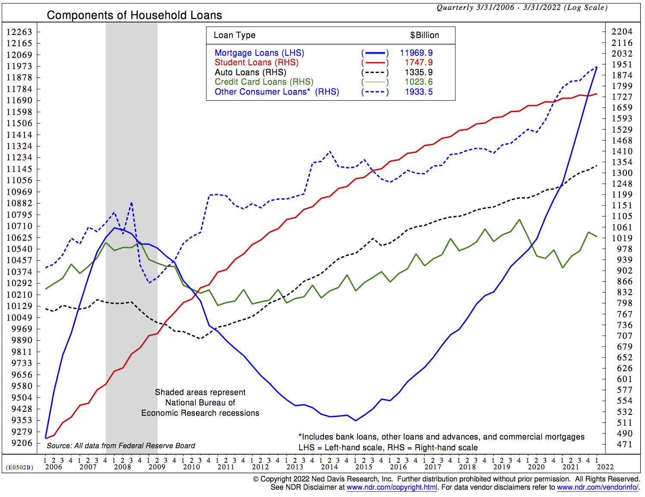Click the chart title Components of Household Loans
click(x=134, y=15)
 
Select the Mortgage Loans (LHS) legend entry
click(x=259, y=53)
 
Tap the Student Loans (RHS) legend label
click(x=256, y=62)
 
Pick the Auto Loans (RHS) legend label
click(x=250, y=72)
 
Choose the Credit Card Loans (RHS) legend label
click(x=264, y=82)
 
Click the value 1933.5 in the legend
click(x=418, y=92)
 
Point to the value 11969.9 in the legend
click(x=416, y=53)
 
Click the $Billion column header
click(x=424, y=35)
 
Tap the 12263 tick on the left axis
click(x=19, y=32)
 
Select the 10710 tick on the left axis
click(x=19, y=226)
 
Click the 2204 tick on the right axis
click(x=622, y=32)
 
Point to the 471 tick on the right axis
click(x=624, y=444)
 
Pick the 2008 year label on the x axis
click(x=123, y=467)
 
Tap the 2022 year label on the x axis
click(x=605, y=467)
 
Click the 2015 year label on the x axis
click(x=364, y=467)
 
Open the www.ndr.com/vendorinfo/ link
click(x=598, y=487)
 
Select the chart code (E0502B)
click(x=19, y=467)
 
